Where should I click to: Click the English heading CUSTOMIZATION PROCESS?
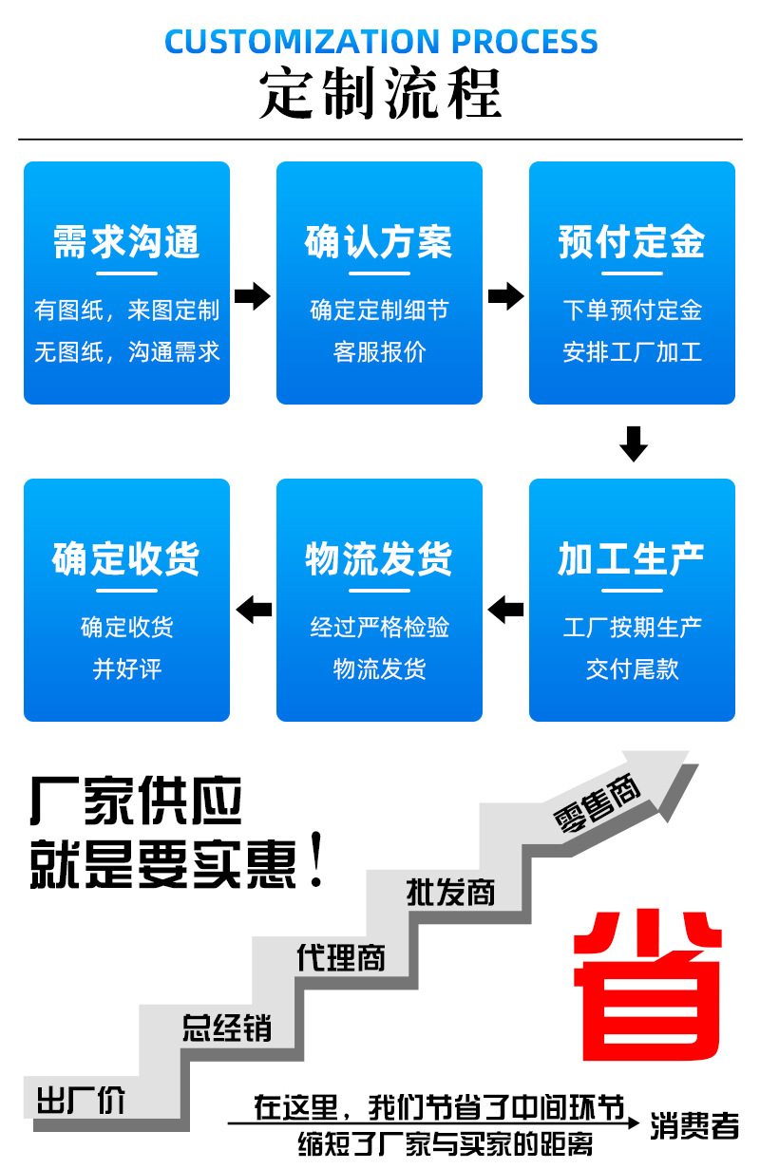[x=381, y=42]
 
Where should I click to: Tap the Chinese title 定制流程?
[x=380, y=93]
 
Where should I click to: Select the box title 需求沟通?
[x=126, y=242]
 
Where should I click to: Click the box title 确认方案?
[x=379, y=242]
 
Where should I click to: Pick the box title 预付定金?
[x=632, y=242]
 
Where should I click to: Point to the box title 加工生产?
[x=632, y=559]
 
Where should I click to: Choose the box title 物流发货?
[x=379, y=559]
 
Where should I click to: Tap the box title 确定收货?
[x=126, y=559]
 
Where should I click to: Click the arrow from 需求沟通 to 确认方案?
[x=253, y=296]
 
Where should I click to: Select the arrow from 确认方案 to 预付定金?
[x=505, y=296]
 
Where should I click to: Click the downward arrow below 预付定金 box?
[x=633, y=443]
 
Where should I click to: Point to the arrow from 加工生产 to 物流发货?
[x=505, y=609]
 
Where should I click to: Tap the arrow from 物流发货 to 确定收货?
[x=253, y=609]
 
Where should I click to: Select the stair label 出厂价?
[x=81, y=1102]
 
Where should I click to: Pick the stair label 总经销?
[x=226, y=1028]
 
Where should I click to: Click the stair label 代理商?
[x=341, y=956]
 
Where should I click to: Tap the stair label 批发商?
[x=450, y=892]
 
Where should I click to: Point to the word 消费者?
[x=694, y=1126]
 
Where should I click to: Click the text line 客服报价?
[x=379, y=352]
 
